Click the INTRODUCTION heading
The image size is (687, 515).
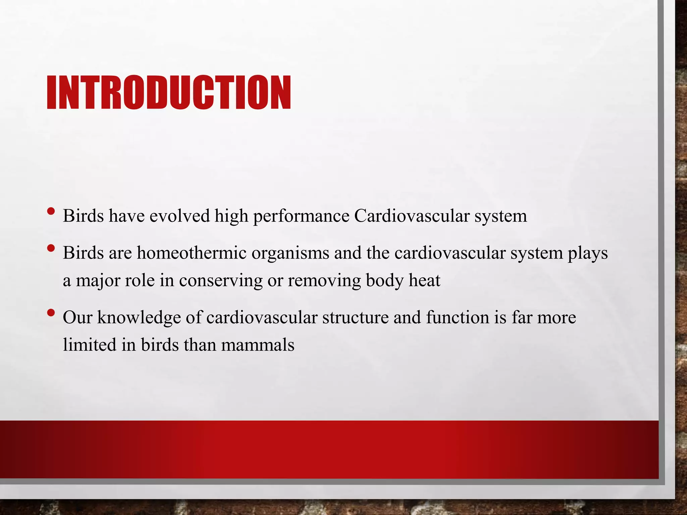pos(169,93)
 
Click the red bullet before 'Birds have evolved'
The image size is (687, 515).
pos(51,211)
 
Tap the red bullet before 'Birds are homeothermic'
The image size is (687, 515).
pos(51,248)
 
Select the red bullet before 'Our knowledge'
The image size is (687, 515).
pos(51,313)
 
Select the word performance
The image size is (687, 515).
pos(301,216)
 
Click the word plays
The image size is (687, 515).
pos(587,253)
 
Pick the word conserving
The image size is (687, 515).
pos(221,281)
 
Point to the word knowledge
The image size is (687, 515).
pos(139,318)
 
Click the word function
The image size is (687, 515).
pos(458,318)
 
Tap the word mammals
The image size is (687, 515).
pos(257,345)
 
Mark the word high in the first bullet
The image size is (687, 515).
pos(231,216)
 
